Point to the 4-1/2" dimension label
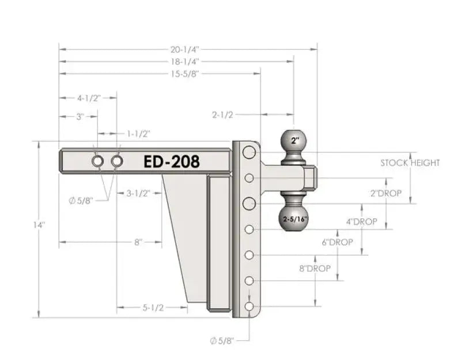[x=89, y=98]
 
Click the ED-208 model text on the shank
[x=171, y=162]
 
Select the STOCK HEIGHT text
[x=410, y=163]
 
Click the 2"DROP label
[x=386, y=194]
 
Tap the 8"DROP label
[x=315, y=269]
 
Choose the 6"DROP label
[x=337, y=242]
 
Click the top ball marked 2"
[x=296, y=140]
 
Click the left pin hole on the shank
[x=97, y=162]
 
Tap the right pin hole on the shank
[x=117, y=162]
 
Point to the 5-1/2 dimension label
[x=153, y=308]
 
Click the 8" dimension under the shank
[x=138, y=242]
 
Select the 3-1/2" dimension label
[x=138, y=194]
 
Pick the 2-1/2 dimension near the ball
[x=222, y=115]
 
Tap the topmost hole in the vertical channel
[x=249, y=152]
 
